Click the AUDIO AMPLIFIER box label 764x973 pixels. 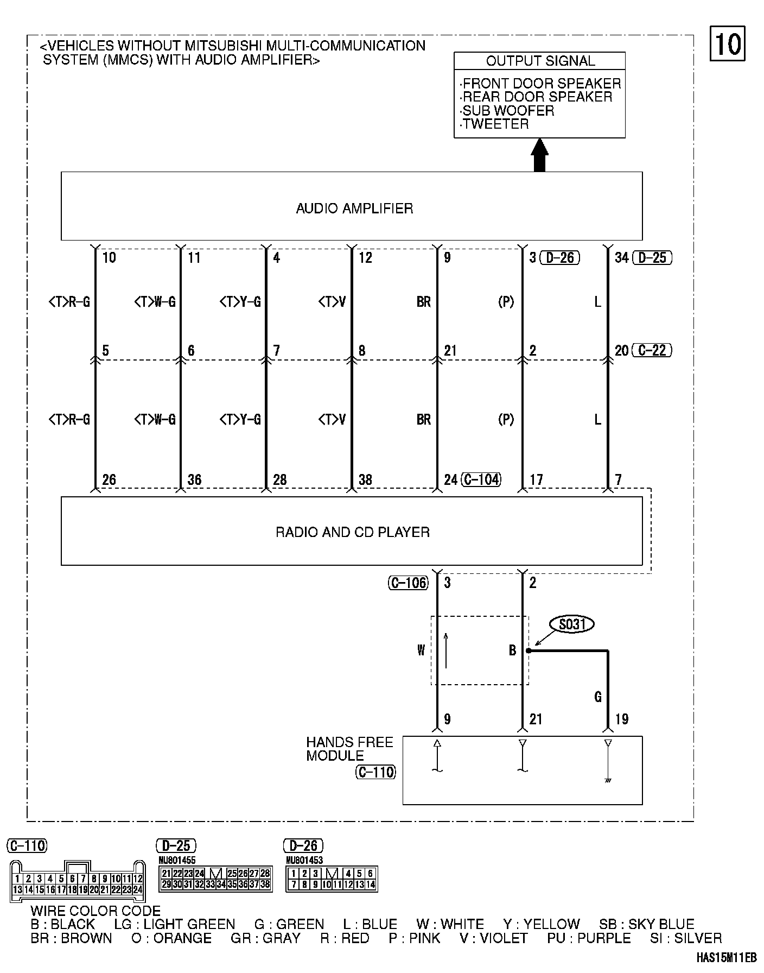(x=354, y=208)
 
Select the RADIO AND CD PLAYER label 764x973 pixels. (x=353, y=532)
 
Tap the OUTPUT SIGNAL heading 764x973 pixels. (x=540, y=61)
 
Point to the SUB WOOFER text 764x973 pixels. (x=508, y=111)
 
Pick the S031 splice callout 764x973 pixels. (x=572, y=624)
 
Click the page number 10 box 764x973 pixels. (x=727, y=43)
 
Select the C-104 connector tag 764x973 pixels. (x=481, y=479)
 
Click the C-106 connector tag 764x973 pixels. (x=409, y=583)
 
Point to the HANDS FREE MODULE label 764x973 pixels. (x=349, y=749)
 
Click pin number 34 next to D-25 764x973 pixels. (x=621, y=258)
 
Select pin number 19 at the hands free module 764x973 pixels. (x=621, y=719)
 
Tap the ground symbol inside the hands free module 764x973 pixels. (x=608, y=780)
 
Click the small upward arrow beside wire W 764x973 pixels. (x=446, y=650)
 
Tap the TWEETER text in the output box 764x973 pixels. (x=495, y=124)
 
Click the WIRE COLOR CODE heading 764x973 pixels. (x=95, y=911)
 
